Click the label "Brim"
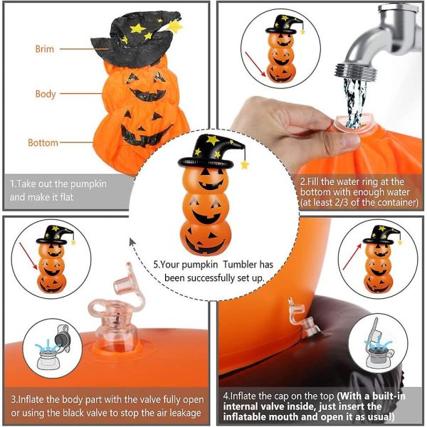point(45,49)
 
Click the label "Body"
point(46,94)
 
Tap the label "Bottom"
point(43,143)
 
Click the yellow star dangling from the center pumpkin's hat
point(245,165)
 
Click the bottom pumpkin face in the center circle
point(206,237)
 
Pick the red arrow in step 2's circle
point(255,64)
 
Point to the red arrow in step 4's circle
point(352,256)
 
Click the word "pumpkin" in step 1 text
point(88,184)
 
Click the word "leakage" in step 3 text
point(186,413)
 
